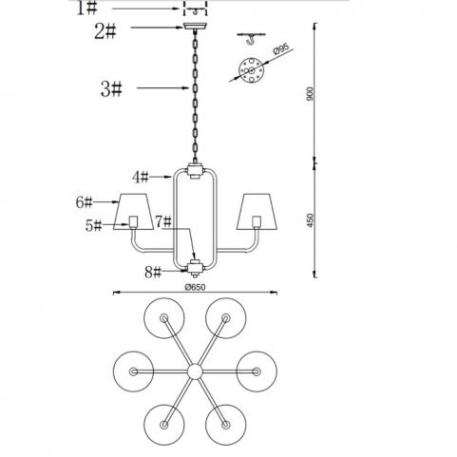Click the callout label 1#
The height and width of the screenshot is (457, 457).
click(86, 9)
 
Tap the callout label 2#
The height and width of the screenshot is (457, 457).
click(105, 31)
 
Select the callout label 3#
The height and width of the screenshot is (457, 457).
click(111, 89)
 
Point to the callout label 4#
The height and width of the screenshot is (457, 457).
click(141, 177)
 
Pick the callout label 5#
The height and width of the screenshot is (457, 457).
click(93, 226)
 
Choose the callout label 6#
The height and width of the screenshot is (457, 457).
click(84, 202)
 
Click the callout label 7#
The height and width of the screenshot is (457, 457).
click(163, 221)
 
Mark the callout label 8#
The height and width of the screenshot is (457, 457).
click(153, 272)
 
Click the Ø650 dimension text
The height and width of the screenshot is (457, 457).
click(196, 287)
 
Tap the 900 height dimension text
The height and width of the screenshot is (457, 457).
click(310, 94)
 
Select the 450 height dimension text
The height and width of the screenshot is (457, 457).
click(311, 220)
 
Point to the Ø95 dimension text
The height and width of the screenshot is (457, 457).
click(281, 49)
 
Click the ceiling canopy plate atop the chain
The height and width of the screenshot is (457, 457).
click(196, 27)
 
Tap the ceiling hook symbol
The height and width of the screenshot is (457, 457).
click(251, 39)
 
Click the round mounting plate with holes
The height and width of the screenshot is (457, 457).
click(251, 70)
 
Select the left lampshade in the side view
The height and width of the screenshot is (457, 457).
click(134, 212)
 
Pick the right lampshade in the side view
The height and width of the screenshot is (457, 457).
click(257, 212)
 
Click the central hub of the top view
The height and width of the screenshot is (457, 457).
click(195, 371)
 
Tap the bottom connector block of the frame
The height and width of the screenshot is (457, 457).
click(195, 269)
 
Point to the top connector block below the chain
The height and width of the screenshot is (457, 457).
click(195, 171)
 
